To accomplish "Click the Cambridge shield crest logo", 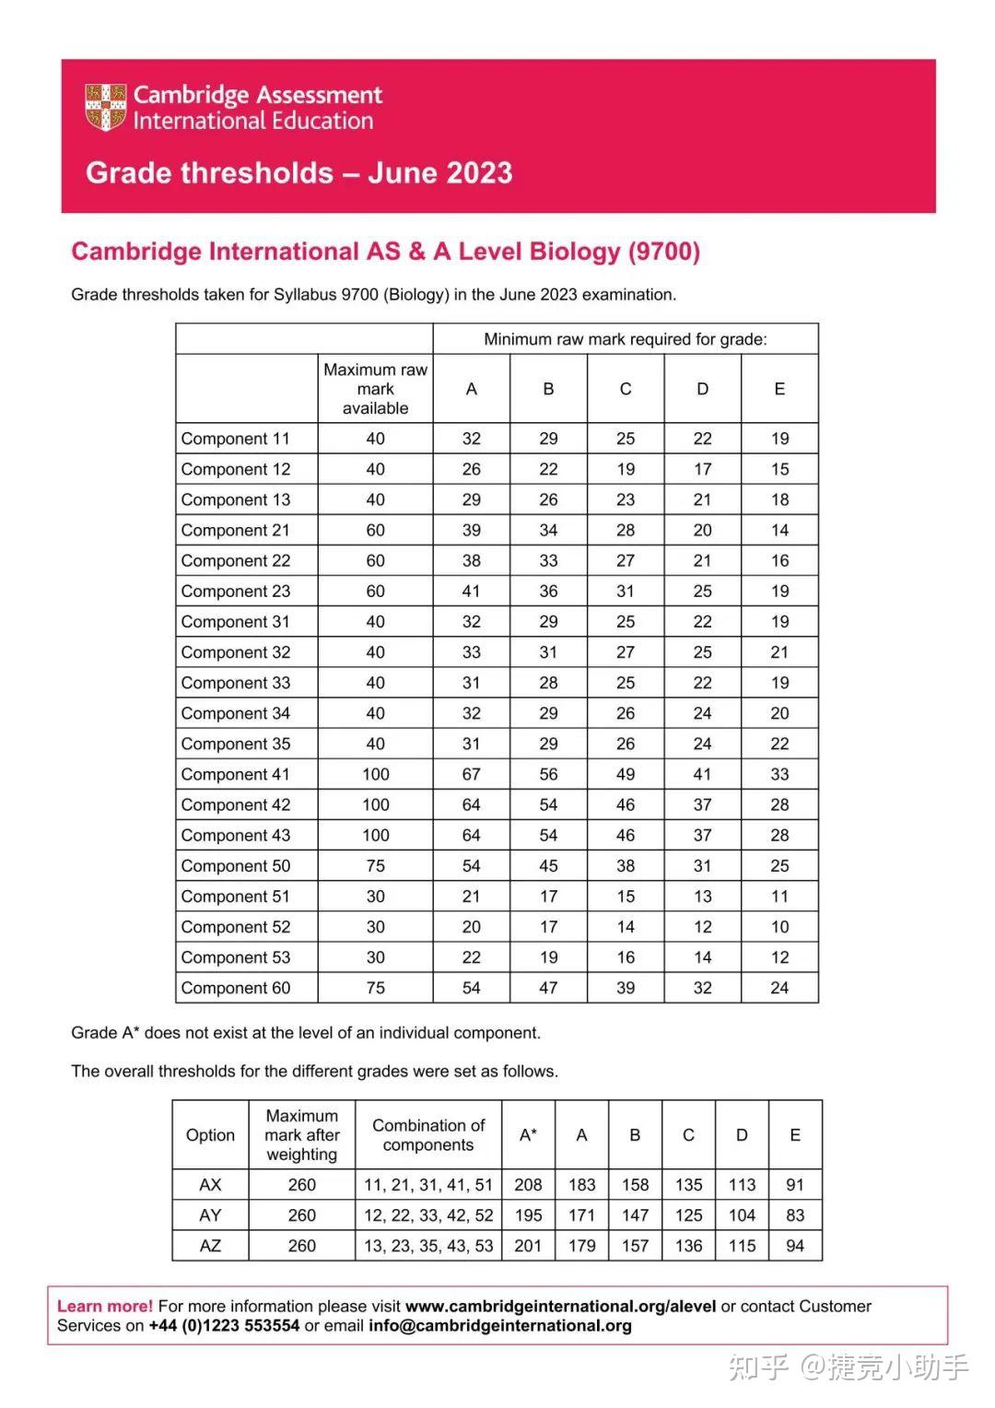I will [x=105, y=107].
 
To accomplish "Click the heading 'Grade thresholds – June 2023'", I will [x=298, y=173].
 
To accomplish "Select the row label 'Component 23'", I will [x=236, y=592].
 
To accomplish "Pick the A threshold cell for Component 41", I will [x=471, y=775].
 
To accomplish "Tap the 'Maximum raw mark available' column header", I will [x=375, y=389].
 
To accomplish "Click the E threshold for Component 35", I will [x=779, y=745].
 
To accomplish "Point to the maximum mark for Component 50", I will [x=375, y=866].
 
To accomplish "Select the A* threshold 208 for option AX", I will [x=528, y=1185].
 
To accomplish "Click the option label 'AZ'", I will [x=210, y=1246].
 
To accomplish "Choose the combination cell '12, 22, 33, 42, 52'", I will [x=428, y=1215].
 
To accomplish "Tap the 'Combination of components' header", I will [x=428, y=1135].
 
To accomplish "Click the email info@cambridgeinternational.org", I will [x=500, y=1326].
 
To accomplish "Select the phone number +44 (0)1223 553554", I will [x=224, y=1326].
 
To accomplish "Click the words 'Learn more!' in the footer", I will [x=105, y=1306].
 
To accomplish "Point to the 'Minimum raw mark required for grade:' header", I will [x=625, y=339].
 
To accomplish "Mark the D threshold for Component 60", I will [x=702, y=989].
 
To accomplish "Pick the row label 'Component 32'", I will [x=236, y=652].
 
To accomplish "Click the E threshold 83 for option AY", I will [x=794, y=1215].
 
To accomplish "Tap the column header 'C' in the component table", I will [x=625, y=389].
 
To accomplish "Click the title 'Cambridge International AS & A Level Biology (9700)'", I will [x=385, y=252].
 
